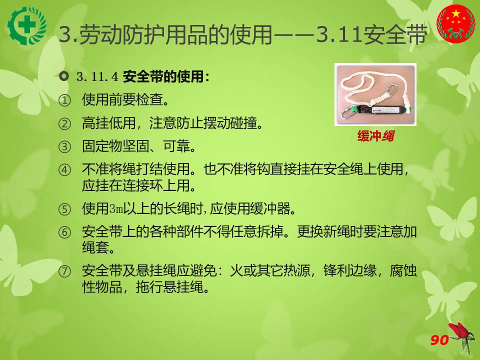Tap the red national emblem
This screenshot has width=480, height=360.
456,23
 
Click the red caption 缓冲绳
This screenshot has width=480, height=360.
375,136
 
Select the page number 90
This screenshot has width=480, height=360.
439,340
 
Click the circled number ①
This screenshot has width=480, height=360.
64,100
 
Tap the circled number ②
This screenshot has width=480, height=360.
64,124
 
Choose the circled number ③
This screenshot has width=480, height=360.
64,147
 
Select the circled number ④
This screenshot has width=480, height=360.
64,170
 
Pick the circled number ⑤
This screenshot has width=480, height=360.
64,209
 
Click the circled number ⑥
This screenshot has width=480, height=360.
64,232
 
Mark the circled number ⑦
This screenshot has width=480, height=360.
64,271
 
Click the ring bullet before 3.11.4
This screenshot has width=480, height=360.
63,76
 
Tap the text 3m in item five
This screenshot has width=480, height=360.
116,209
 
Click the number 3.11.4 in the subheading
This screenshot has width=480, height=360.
97,76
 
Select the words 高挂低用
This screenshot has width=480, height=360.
108,123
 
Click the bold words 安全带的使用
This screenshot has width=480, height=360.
163,76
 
